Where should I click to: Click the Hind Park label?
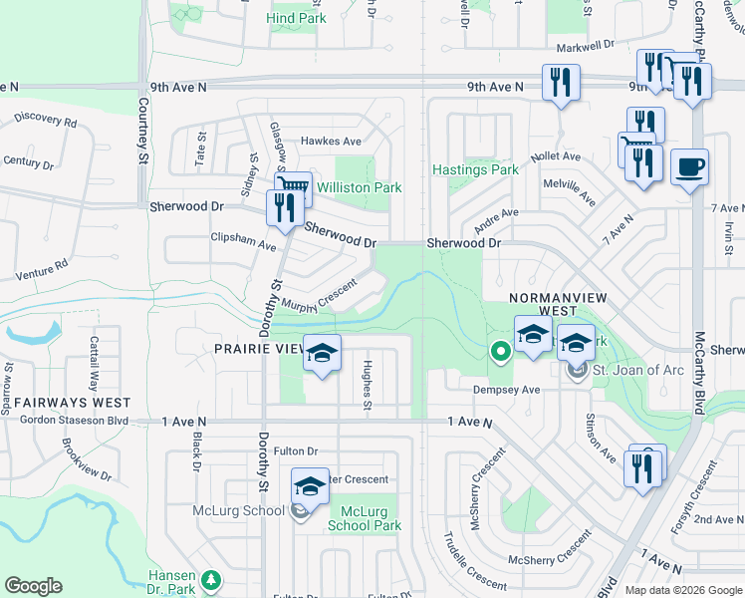point(297,18)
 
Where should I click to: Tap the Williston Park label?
point(359,187)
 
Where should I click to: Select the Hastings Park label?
point(475,169)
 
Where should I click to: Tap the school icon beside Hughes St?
point(322,353)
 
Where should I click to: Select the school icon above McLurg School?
point(310,487)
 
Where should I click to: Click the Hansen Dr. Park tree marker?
point(210,578)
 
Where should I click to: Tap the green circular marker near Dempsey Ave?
point(500,351)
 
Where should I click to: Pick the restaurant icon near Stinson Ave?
point(642,467)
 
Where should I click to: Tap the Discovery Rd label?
point(46,121)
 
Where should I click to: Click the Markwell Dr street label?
point(587,47)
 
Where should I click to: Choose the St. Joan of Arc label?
point(637,371)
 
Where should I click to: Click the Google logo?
point(34,586)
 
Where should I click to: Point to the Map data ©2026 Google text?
point(682,590)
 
